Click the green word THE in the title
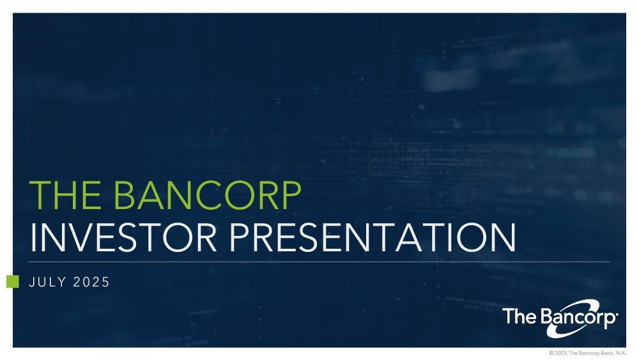65,195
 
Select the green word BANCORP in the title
207,195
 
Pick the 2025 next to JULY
91,282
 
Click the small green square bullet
13,281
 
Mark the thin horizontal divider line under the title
319,262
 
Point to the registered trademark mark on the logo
617,315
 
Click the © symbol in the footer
551,353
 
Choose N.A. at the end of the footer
621,353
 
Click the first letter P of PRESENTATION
240,237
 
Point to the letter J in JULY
31,282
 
